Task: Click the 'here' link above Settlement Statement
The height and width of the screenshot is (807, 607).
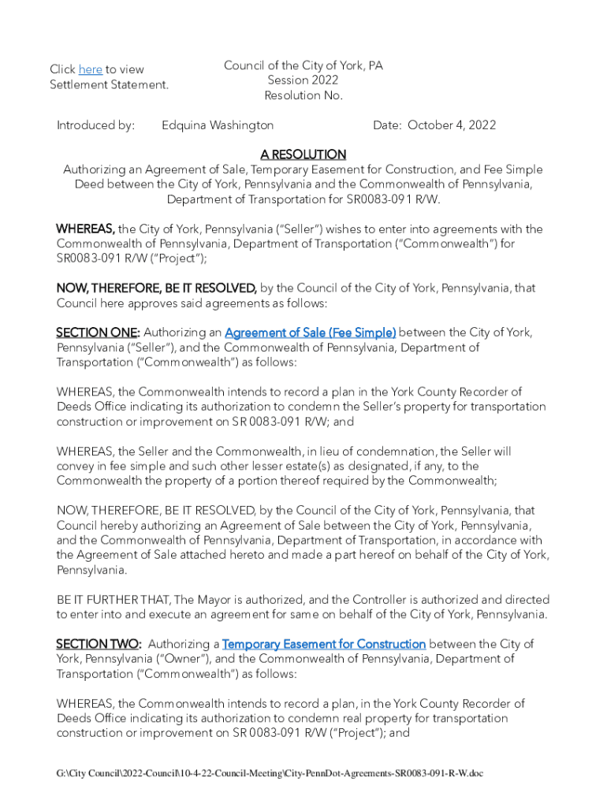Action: [x=91, y=69]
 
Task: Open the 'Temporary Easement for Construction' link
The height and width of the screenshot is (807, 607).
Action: [x=324, y=645]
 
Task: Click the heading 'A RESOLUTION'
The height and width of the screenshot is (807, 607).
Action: [x=303, y=154]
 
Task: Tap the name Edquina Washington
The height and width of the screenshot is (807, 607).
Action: [x=218, y=125]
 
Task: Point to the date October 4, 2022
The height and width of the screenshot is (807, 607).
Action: [x=452, y=125]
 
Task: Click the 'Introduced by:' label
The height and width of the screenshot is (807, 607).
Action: [x=95, y=125]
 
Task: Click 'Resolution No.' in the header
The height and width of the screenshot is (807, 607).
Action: [x=303, y=95]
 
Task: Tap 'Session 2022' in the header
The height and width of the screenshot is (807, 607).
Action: [x=303, y=80]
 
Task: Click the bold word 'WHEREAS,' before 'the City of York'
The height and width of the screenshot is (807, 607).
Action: [x=85, y=229]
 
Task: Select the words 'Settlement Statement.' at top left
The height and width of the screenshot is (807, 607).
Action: [x=109, y=84]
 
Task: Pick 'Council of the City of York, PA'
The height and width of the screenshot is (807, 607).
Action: [x=303, y=65]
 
